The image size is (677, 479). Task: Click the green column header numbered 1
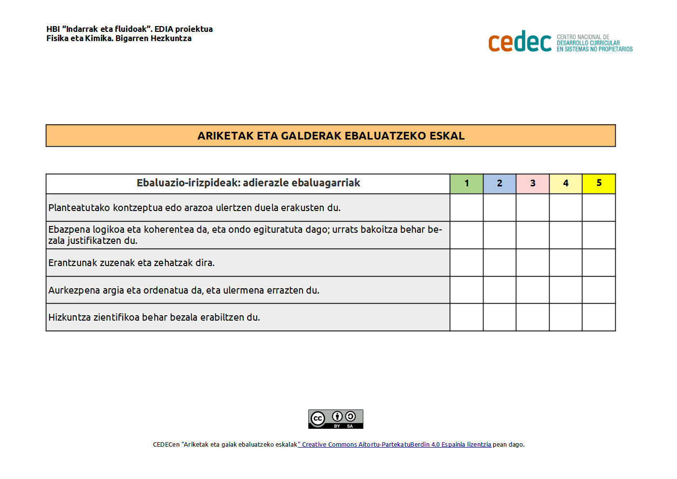[x=466, y=183]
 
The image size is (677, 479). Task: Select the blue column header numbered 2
[x=499, y=183]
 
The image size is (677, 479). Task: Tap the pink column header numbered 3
[x=533, y=183]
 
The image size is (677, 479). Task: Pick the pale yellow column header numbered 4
[x=566, y=183]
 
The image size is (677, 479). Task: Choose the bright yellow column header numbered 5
[x=599, y=183]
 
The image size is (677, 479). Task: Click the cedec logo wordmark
[x=520, y=42]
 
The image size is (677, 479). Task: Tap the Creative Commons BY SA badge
[x=336, y=419]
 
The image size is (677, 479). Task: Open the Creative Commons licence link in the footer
[x=395, y=445]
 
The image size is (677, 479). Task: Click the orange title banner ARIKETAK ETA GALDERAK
[x=331, y=136]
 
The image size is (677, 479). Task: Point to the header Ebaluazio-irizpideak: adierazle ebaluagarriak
[x=248, y=183]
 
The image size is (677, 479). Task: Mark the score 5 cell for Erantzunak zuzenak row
[x=599, y=263]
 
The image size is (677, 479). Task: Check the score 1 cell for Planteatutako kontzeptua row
[x=466, y=208]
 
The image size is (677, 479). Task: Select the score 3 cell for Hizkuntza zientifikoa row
[x=533, y=317]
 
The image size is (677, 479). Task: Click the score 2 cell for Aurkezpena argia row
[x=499, y=290]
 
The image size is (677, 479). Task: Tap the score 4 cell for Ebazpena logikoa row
[x=566, y=235]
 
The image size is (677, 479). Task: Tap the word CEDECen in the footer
[x=166, y=445]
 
